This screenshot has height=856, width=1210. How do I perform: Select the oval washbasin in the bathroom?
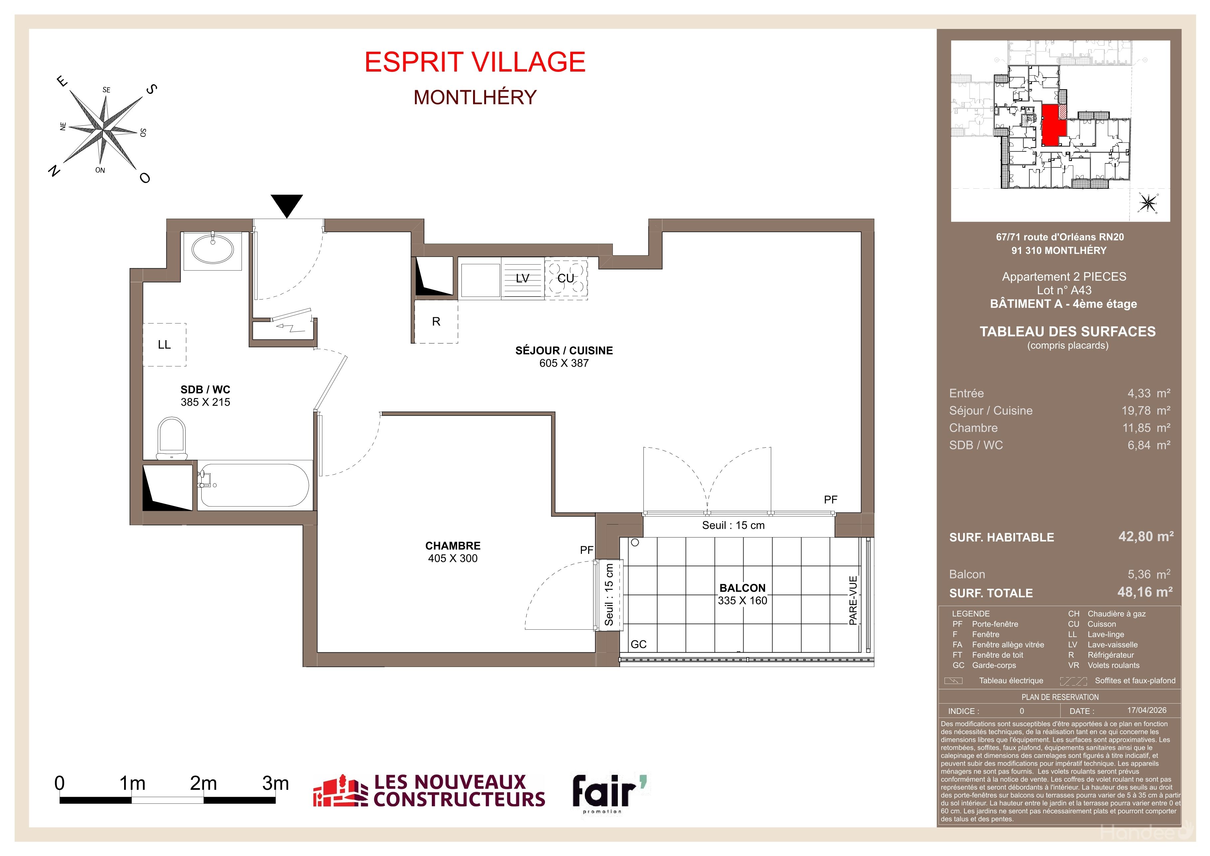(213, 249)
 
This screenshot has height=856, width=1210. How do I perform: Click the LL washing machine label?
(164, 345)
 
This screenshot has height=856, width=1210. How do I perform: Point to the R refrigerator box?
(436, 321)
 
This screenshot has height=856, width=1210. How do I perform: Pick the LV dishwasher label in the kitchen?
(522, 278)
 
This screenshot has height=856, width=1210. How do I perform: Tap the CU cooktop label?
(566, 278)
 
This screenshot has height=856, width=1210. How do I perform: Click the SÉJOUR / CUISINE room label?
(564, 350)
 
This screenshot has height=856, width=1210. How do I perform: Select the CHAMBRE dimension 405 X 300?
(453, 558)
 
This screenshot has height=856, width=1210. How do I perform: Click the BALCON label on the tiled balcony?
(743, 588)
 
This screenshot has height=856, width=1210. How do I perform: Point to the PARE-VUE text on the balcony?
(853, 600)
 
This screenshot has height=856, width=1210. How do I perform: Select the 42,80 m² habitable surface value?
(1146, 536)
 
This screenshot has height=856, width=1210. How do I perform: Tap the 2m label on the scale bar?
(203, 783)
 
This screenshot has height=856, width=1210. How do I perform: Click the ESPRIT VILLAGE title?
(475, 62)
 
